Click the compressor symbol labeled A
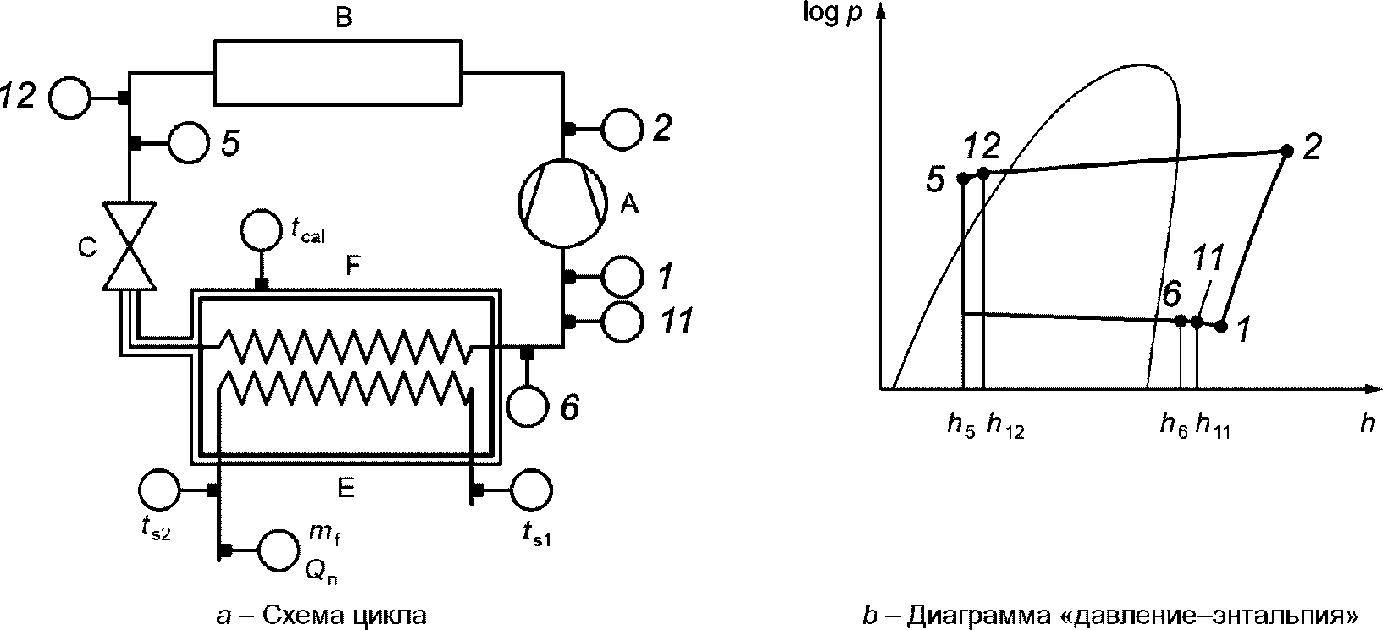(x=563, y=204)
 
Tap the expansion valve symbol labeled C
(x=128, y=246)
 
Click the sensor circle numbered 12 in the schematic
(x=69, y=98)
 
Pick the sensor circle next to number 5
(x=188, y=143)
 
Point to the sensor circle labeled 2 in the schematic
(x=622, y=129)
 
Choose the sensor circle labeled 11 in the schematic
(x=622, y=321)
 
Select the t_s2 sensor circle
(x=158, y=489)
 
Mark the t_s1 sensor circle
(x=531, y=489)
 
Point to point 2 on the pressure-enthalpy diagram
(x=1286, y=151)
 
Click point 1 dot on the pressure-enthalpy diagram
(x=1221, y=325)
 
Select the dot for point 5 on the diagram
(x=963, y=178)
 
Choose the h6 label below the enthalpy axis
(x=1173, y=426)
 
